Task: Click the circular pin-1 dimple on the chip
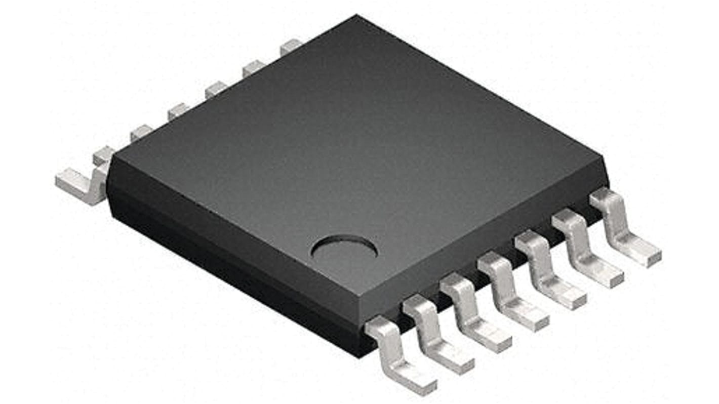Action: (344, 250)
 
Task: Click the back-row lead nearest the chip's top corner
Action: (290, 46)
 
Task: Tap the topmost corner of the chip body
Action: (356, 16)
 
